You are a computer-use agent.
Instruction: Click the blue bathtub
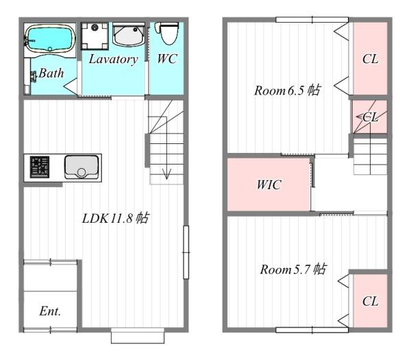[50, 39]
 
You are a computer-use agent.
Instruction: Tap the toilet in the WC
[167, 33]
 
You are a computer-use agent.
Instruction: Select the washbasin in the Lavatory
[129, 35]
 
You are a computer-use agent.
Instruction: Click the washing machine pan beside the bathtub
[95, 36]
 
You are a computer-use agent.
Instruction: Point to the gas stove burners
[40, 167]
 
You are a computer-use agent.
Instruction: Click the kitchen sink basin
[82, 167]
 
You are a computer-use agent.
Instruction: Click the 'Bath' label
[51, 73]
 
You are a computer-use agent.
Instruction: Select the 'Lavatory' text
[113, 60]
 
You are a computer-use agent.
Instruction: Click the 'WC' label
[167, 59]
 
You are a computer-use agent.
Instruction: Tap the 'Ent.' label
[50, 311]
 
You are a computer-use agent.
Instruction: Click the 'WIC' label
[269, 184]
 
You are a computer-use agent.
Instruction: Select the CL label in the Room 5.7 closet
[370, 301]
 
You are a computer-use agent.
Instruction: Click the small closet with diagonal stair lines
[369, 117]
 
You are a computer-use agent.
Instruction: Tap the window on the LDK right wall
[186, 252]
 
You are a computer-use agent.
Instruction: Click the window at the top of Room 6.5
[312, 20]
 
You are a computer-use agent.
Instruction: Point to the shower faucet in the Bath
[34, 77]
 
